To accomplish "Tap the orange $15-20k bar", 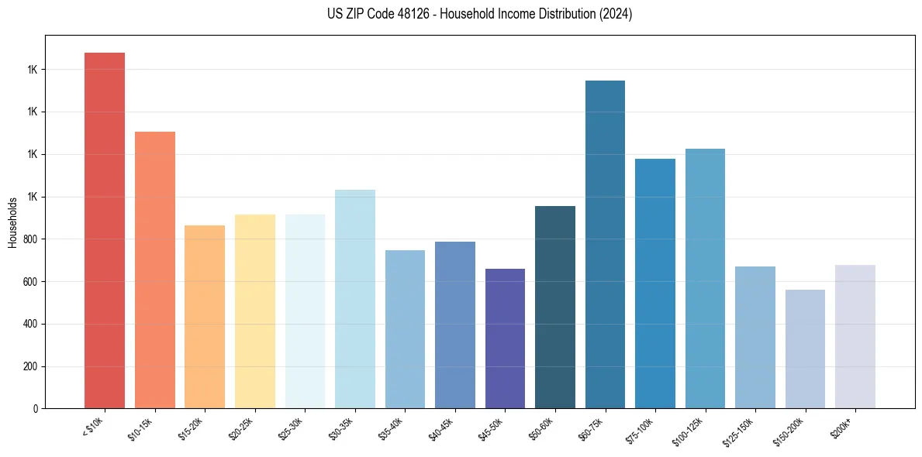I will [205, 317].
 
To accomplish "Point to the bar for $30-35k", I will [355, 299].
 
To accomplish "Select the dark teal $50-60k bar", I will [555, 307].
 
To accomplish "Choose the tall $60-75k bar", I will [605, 244].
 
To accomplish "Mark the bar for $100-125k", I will [705, 278].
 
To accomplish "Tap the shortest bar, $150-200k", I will [805, 349].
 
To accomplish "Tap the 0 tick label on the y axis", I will [36, 409].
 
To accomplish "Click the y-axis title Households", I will [12, 222].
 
